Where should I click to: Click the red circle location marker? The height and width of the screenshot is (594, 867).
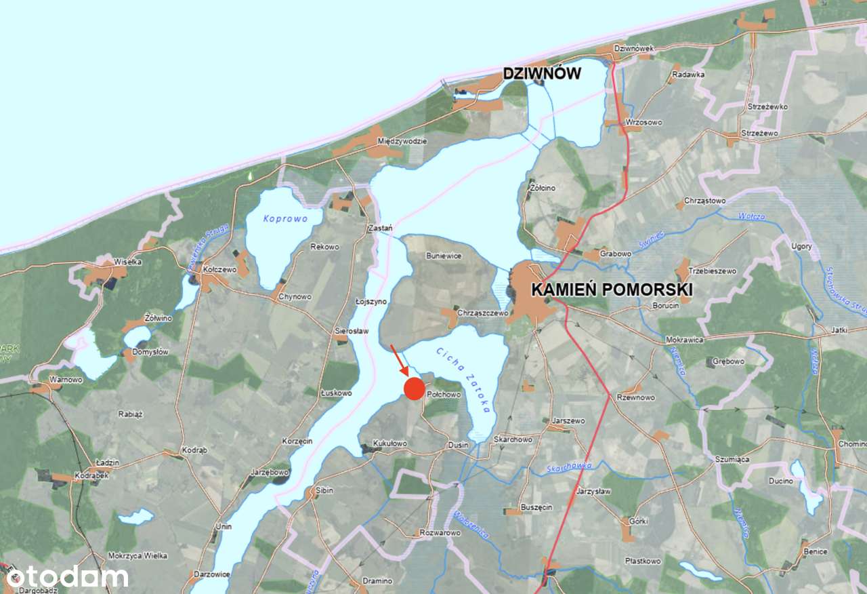tap(414, 388)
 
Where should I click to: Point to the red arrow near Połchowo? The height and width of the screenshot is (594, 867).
tap(399, 359)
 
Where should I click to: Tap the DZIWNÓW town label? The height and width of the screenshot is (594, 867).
tap(542, 73)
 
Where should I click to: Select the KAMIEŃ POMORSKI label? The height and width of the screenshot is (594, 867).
tap(612, 290)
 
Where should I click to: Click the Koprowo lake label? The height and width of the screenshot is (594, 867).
tap(286, 219)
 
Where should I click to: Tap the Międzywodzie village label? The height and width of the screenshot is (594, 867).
tap(402, 141)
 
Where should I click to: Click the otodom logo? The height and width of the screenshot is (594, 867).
tap(66, 576)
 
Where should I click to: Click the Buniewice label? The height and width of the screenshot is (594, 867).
tap(443, 256)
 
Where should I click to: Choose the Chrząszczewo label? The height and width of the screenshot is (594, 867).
tap(483, 313)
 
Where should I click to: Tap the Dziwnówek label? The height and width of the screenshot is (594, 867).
tap(634, 49)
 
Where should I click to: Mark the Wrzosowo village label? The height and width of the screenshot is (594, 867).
tap(644, 123)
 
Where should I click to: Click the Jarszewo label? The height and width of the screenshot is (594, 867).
tap(568, 421)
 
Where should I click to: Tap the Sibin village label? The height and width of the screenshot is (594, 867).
tap(324, 490)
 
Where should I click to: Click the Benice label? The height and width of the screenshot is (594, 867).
tap(816, 551)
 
